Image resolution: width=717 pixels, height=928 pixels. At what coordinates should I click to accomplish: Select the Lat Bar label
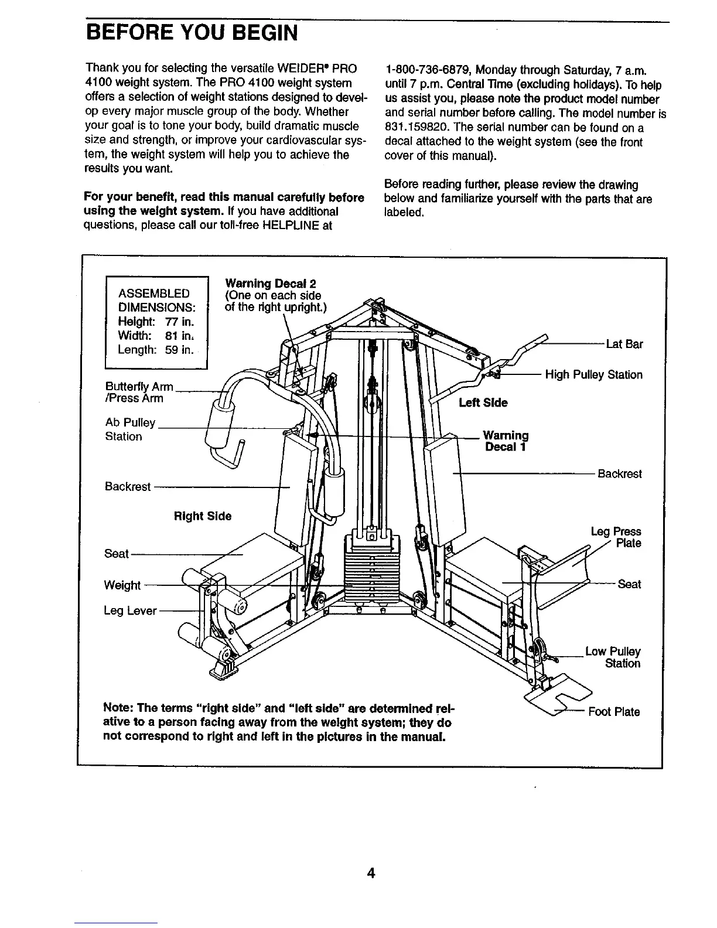tap(624, 344)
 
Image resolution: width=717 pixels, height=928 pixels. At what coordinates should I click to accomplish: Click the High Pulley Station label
tap(593, 375)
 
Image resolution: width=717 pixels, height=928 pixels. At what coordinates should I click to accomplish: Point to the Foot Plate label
tap(614, 712)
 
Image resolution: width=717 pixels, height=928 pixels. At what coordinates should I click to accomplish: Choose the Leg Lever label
tap(130, 611)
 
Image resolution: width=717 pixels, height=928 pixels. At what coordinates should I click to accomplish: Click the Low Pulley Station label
tap(613, 658)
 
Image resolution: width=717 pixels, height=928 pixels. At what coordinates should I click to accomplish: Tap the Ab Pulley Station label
tap(129, 429)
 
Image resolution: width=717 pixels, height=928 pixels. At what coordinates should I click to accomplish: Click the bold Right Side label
tap(203, 516)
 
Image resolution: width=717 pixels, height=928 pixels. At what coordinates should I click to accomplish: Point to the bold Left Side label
tap(483, 402)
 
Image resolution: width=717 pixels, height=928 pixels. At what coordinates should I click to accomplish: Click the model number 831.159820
tap(415, 128)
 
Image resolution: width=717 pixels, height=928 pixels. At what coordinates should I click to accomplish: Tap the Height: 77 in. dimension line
tap(155, 322)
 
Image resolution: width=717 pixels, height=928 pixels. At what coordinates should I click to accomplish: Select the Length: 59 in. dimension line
tap(155, 350)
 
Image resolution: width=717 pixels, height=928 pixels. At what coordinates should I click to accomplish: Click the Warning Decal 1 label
tap(506, 441)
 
